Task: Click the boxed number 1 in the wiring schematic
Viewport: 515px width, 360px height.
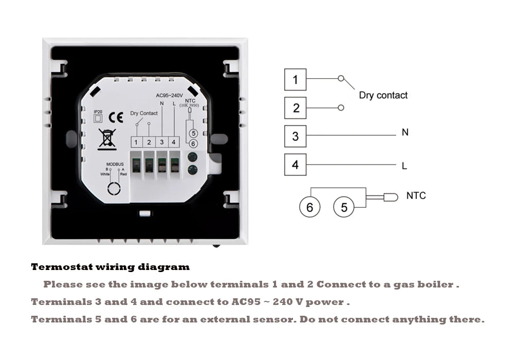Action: pos(295,80)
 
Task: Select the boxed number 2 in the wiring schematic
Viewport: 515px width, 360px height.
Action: pos(295,108)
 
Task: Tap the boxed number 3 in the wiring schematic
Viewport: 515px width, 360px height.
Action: pos(295,136)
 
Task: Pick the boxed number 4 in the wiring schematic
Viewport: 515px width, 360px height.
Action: pos(295,165)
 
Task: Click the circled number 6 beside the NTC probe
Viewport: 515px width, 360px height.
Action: pos(309,207)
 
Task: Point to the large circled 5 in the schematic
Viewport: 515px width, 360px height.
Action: pos(344,207)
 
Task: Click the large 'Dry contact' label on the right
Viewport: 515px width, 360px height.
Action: pos(383,95)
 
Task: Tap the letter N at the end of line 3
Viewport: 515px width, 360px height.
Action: pos(405,133)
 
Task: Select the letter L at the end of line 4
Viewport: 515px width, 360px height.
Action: pos(404,166)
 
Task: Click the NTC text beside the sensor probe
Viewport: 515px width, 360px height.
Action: pos(416,196)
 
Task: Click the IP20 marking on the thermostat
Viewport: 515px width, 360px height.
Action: pos(98,112)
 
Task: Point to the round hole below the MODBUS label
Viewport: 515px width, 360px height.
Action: pos(114,188)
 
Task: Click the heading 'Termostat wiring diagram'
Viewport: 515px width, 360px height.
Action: pos(110,267)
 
